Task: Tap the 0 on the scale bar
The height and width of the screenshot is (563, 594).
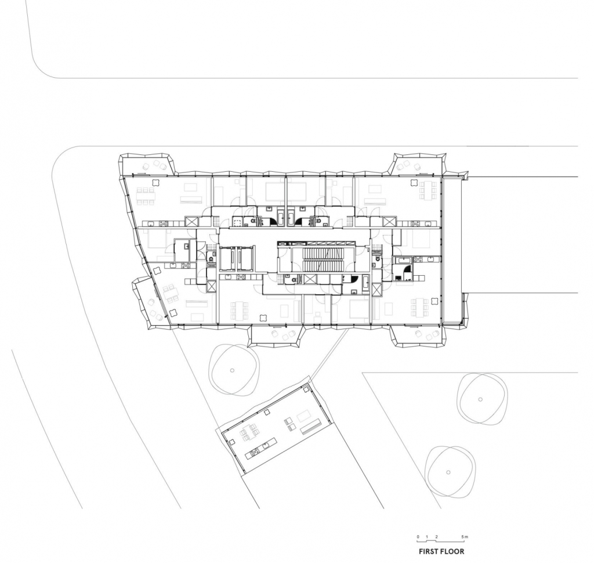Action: [418, 536]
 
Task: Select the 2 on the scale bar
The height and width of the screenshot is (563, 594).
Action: [436, 536]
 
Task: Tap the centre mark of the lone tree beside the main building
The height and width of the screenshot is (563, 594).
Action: [232, 370]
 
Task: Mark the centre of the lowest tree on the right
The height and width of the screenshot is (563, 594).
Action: [448, 472]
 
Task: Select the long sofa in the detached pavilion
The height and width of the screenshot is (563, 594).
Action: [313, 427]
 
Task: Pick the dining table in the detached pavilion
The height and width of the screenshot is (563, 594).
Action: [249, 432]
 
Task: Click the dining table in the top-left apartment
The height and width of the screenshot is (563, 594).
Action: [146, 196]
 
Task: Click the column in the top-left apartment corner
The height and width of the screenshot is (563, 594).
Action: [155, 182]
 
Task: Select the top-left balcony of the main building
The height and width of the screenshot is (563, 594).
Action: [147, 164]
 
